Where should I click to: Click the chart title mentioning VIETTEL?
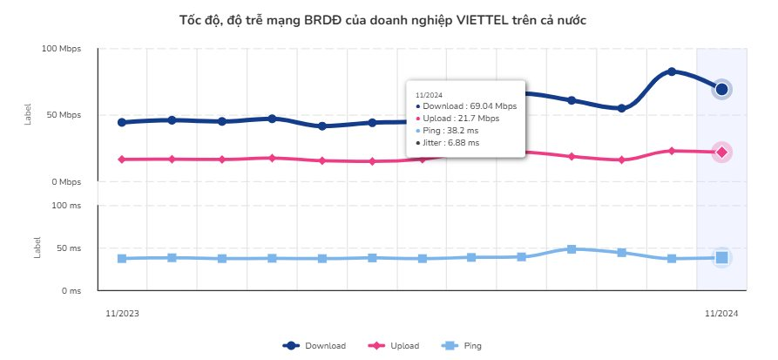(x=389, y=19)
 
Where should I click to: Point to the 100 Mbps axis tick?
(x=61, y=49)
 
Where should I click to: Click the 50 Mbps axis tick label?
(x=64, y=115)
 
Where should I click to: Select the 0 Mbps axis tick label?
(x=65, y=182)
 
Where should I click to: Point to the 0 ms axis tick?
(x=70, y=291)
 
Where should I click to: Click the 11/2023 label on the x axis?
(x=122, y=312)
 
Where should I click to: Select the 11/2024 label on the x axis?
(x=720, y=312)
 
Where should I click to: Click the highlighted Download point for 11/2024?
(x=721, y=89)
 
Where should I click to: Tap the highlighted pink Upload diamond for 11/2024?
(x=721, y=153)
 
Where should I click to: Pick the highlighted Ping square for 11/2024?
(x=721, y=257)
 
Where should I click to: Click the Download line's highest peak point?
(x=672, y=71)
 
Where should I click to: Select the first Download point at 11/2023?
(x=122, y=122)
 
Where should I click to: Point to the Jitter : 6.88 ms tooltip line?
(x=451, y=142)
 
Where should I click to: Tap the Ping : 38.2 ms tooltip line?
(x=451, y=130)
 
